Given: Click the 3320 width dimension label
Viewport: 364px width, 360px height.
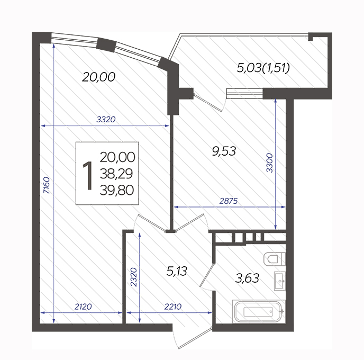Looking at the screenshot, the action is coord(106,119).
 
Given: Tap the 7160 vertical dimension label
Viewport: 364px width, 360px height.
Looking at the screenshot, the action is coord(47,185).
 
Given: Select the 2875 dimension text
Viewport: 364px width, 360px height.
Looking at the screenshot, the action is coord(229,201).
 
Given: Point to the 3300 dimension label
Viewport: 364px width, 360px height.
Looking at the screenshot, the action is coord(269,163).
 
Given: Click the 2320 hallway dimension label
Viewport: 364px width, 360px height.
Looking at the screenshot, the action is coord(134,277).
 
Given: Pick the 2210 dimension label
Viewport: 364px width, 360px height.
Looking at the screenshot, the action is coord(172,307).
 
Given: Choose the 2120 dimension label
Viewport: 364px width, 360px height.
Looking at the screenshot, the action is coord(83,307).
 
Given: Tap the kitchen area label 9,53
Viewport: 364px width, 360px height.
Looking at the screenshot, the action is coord(224,151).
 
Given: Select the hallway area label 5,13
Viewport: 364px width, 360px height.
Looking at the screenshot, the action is coord(177,271).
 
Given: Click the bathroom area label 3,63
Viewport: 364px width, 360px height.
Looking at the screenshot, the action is coord(247,278).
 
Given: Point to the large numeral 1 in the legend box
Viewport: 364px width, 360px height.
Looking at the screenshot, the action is coord(88,176).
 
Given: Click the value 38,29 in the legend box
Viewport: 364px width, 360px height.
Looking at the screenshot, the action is coord(116,174).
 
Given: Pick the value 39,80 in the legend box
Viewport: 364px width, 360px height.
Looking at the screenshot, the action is coord(117,190).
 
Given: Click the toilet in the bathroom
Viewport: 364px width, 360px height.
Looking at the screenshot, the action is coord(275,259).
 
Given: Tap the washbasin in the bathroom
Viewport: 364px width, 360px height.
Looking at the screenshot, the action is coord(280,281).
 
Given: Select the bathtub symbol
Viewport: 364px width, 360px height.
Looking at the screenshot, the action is coord(259,311).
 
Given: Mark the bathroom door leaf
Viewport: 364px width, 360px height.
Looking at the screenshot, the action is coord(207,275).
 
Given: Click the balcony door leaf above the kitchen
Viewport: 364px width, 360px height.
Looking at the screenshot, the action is coord(208,102).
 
